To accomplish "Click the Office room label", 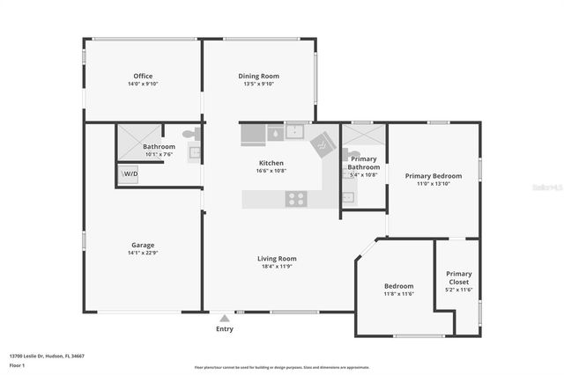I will pyautogui.click(x=143, y=76).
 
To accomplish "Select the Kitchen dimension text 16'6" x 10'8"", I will pyautogui.click(x=271, y=171).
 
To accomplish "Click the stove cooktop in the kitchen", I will pyautogui.click(x=296, y=199).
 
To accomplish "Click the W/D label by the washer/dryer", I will pyautogui.click(x=130, y=174).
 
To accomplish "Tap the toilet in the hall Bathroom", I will pyautogui.click(x=189, y=135).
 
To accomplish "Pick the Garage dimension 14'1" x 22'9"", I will pyautogui.click(x=143, y=253).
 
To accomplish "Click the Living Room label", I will pyautogui.click(x=277, y=258).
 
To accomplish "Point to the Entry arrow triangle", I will pyautogui.click(x=225, y=318).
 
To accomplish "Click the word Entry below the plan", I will pyautogui.click(x=225, y=329).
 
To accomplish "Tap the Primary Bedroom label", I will pyautogui.click(x=433, y=176).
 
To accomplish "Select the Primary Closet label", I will pyautogui.click(x=458, y=278).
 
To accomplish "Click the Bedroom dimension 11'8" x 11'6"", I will pyautogui.click(x=398, y=294).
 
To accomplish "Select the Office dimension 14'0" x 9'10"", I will pyautogui.click(x=143, y=85).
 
